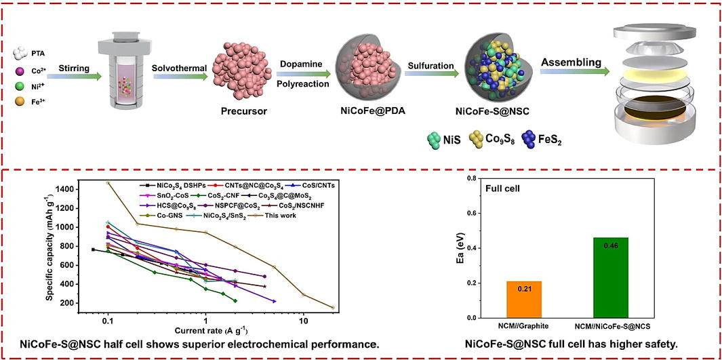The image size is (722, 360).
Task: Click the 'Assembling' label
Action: coord(571,62)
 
